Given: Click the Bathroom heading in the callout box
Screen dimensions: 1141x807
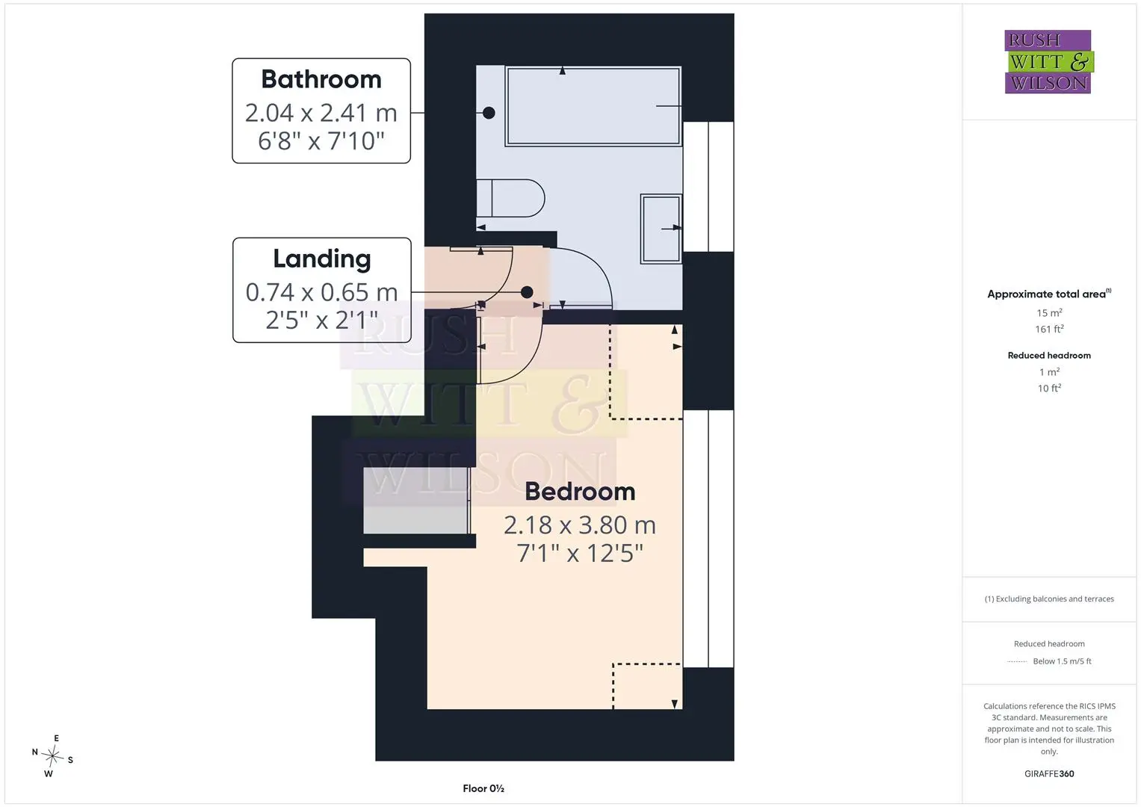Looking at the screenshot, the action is (x=321, y=79).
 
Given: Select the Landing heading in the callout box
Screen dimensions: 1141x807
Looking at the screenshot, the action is (x=322, y=259).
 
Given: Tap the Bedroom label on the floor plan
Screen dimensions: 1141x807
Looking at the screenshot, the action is (x=580, y=492).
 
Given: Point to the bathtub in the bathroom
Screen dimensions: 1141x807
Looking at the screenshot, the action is (x=593, y=106).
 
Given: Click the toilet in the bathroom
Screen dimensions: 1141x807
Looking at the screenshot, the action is (x=510, y=198).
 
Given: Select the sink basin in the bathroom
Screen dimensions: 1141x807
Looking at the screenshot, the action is (x=661, y=229).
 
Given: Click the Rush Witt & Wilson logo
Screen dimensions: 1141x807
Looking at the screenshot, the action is (x=1049, y=61).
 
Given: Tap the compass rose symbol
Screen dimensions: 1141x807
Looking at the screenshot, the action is (x=52, y=756).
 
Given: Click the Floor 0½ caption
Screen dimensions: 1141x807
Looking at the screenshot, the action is (x=483, y=788).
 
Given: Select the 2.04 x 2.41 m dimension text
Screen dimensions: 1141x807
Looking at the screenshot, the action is (x=321, y=113).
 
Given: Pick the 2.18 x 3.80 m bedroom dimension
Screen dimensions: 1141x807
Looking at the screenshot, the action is (x=580, y=525).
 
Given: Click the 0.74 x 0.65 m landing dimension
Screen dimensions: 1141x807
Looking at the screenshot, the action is (x=321, y=292).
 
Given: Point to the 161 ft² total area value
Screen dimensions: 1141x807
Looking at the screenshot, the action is (x=1049, y=329).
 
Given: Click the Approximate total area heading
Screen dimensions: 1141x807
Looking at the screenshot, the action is (x=1049, y=294).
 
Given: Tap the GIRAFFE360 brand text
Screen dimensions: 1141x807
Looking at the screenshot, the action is (x=1049, y=774).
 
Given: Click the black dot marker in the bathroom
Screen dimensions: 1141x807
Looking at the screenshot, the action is (x=489, y=113).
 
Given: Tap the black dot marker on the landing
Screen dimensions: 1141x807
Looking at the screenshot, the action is (x=528, y=292).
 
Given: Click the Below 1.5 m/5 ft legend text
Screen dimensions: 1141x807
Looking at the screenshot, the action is (x=1062, y=661).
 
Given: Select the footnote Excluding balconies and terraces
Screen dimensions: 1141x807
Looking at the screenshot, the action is (x=1049, y=599).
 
